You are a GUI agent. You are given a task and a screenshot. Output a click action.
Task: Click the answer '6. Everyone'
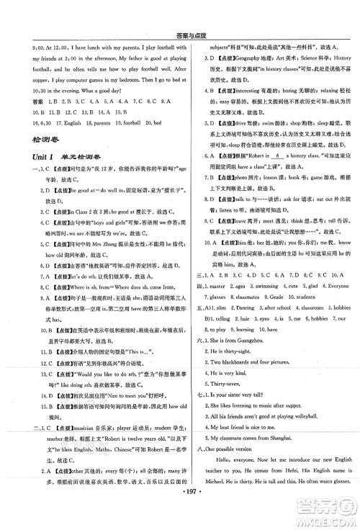336,284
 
